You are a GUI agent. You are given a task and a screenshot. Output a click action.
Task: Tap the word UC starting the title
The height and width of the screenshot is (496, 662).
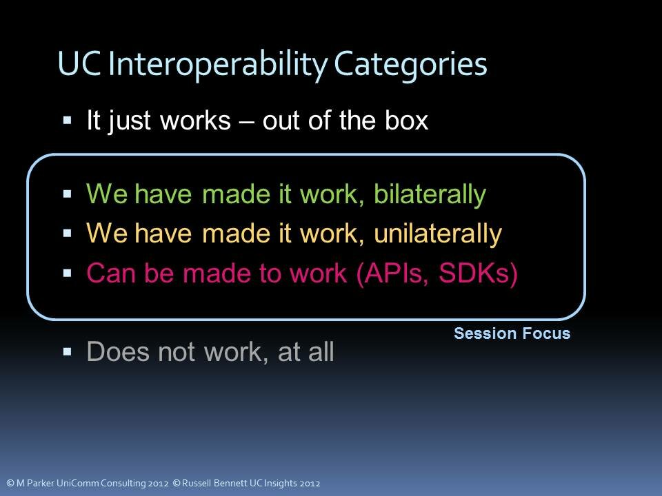(80, 65)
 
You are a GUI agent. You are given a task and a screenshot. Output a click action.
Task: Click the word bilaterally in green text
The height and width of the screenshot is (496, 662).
(430, 195)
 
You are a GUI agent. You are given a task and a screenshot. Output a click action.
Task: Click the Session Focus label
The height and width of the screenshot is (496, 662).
(512, 334)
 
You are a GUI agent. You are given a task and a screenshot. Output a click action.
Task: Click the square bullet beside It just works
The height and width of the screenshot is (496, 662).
(68, 121)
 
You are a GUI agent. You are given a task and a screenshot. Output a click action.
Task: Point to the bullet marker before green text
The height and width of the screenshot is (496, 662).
(68, 195)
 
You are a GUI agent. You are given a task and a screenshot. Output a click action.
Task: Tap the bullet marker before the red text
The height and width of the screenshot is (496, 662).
(68, 273)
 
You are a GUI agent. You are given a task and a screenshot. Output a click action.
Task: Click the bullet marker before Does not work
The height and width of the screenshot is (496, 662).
(68, 352)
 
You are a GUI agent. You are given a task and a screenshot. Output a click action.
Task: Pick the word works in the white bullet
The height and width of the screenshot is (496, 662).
(195, 121)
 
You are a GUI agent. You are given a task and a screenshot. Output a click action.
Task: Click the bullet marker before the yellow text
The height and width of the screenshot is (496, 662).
(68, 234)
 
